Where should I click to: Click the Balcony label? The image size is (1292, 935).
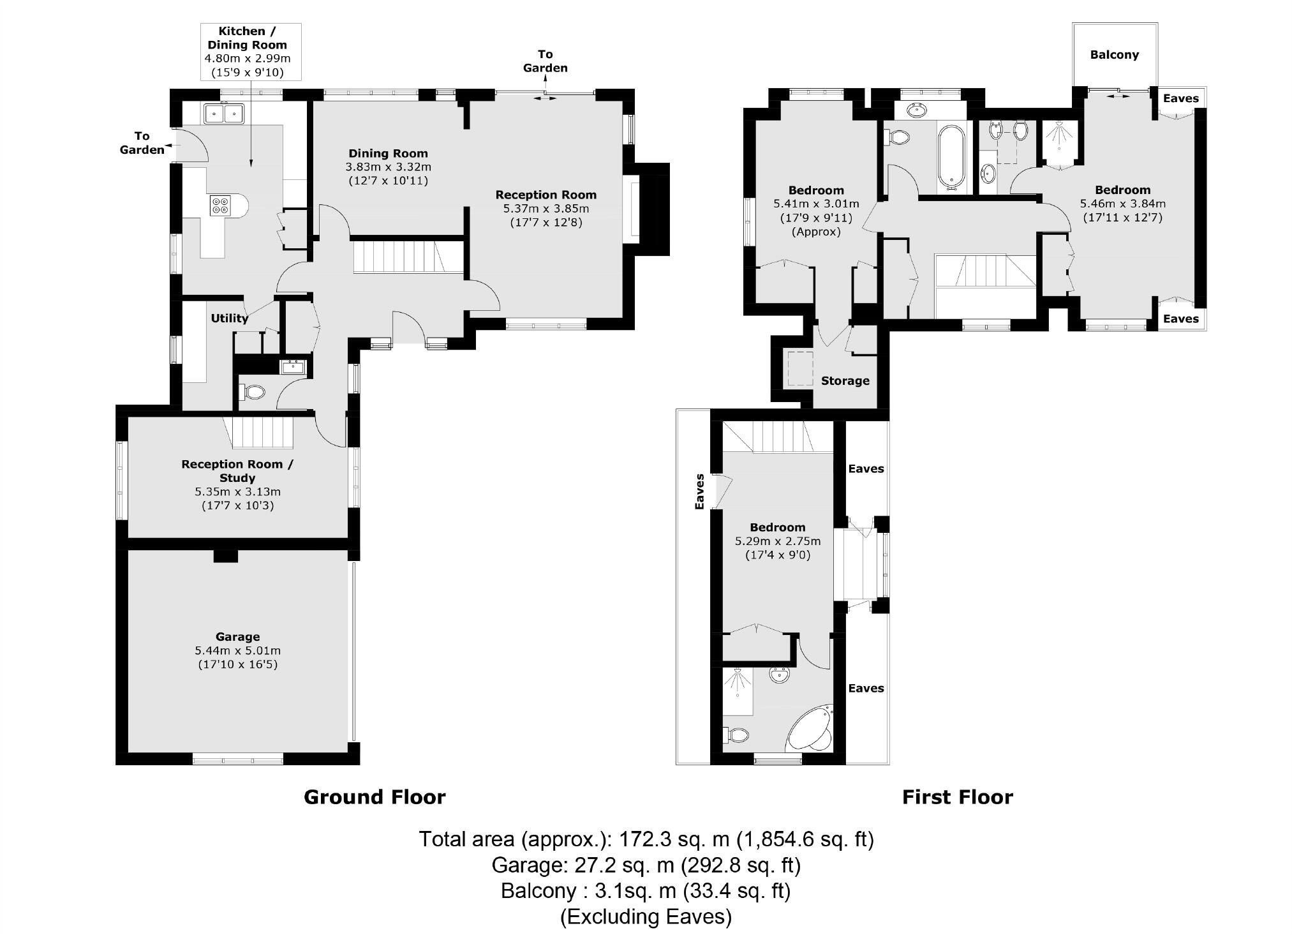pyautogui.click(x=1114, y=55)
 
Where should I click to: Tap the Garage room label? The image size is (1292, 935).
pyautogui.click(x=237, y=636)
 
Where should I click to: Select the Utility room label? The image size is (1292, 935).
pyautogui.click(x=229, y=318)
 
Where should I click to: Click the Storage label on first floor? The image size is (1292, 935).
pyautogui.click(x=845, y=381)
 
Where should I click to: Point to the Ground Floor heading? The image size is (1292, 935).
pyautogui.click(x=375, y=797)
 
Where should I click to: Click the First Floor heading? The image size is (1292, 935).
pyautogui.click(x=957, y=797)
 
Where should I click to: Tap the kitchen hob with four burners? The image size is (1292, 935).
pyautogui.click(x=220, y=206)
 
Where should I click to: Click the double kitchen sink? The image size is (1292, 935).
pyautogui.click(x=224, y=114)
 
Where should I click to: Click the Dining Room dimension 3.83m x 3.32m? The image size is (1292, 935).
pyautogui.click(x=388, y=167)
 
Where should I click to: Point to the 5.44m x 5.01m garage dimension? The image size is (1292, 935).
pyautogui.click(x=237, y=651)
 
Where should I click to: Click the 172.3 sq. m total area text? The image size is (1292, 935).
pyautogui.click(x=646, y=839)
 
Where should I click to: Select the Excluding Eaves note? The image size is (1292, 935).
pyautogui.click(x=646, y=916)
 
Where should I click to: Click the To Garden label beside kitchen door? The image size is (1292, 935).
pyautogui.click(x=142, y=142)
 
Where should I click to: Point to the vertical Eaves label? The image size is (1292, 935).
pyautogui.click(x=699, y=491)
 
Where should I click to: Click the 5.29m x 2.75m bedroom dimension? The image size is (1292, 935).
pyautogui.click(x=777, y=541)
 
